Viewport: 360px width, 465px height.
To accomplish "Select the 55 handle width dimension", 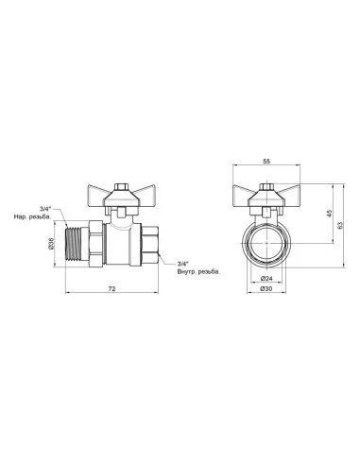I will pyautogui.click(x=267, y=162).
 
